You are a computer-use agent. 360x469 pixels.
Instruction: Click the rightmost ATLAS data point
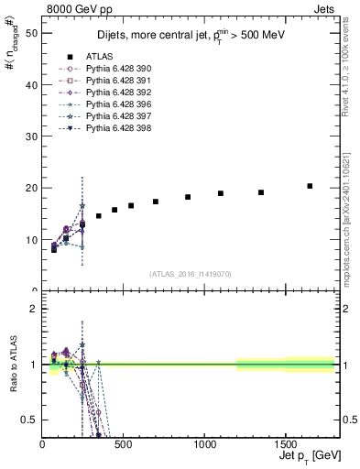tap(310, 186)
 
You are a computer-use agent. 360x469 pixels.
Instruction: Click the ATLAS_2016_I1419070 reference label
tap(191, 274)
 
